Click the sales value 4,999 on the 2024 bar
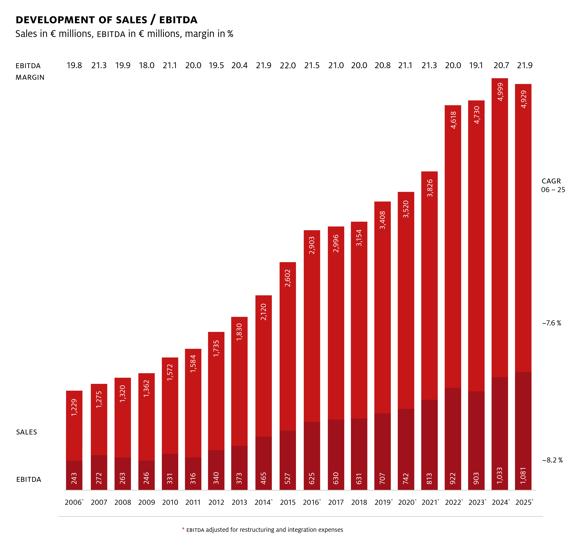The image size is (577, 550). coord(500,92)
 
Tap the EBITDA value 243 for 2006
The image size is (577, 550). coord(74,478)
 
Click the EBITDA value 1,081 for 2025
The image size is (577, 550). coord(523,475)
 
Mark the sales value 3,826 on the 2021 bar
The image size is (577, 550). coord(429,188)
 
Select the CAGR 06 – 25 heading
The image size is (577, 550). coord(553,185)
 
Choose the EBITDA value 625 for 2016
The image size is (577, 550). coord(312,478)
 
